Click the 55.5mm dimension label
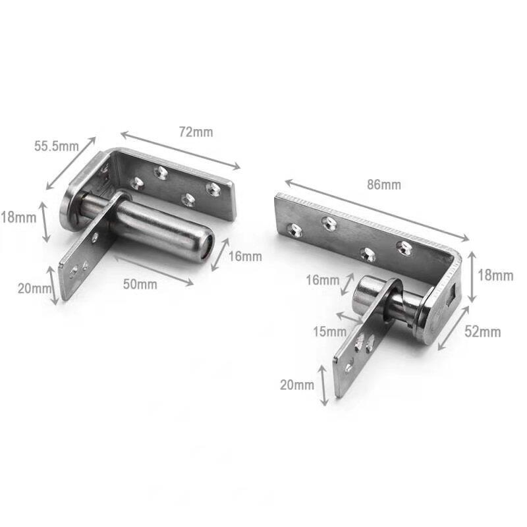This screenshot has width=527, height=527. click(x=56, y=146)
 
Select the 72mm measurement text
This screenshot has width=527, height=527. click(x=196, y=132)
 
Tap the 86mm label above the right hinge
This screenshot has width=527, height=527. click(x=383, y=185)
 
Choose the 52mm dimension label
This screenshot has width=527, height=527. click(x=482, y=331)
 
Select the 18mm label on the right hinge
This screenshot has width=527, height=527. click(x=495, y=276)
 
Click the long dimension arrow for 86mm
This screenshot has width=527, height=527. click(x=376, y=209)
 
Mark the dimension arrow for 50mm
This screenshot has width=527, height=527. click(x=152, y=270)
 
